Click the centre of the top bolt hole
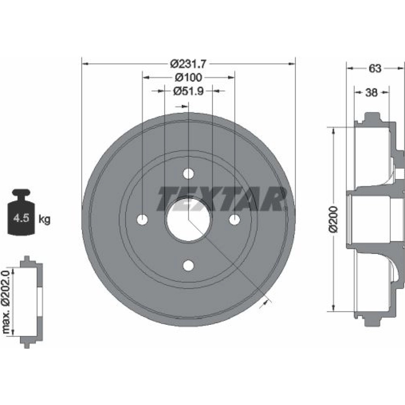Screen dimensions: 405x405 tap(189, 174)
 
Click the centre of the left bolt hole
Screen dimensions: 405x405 tap(142, 220)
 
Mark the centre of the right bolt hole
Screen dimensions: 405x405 tap(234, 220)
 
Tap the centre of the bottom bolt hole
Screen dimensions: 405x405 tap(189, 265)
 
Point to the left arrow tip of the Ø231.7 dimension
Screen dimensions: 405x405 tap(82, 64)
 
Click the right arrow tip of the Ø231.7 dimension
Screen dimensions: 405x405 tap(295, 64)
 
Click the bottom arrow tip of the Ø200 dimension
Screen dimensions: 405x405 tap(333, 311)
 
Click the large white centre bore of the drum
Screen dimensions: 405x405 tap(188, 220)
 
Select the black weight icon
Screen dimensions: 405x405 tap(21, 212)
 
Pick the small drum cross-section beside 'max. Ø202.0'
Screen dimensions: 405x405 tap(32, 302)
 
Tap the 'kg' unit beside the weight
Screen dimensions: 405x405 tap(45, 219)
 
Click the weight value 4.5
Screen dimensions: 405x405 tap(21, 219)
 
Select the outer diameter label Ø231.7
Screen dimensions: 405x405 tap(189, 64)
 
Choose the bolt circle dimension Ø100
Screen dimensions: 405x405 tap(189, 77)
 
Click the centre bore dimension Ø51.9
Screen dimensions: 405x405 tap(189, 91)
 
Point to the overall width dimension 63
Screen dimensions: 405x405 tap(375, 68)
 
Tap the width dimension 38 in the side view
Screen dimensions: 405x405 tap(371, 92)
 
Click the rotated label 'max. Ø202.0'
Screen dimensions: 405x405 tap(6, 302)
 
